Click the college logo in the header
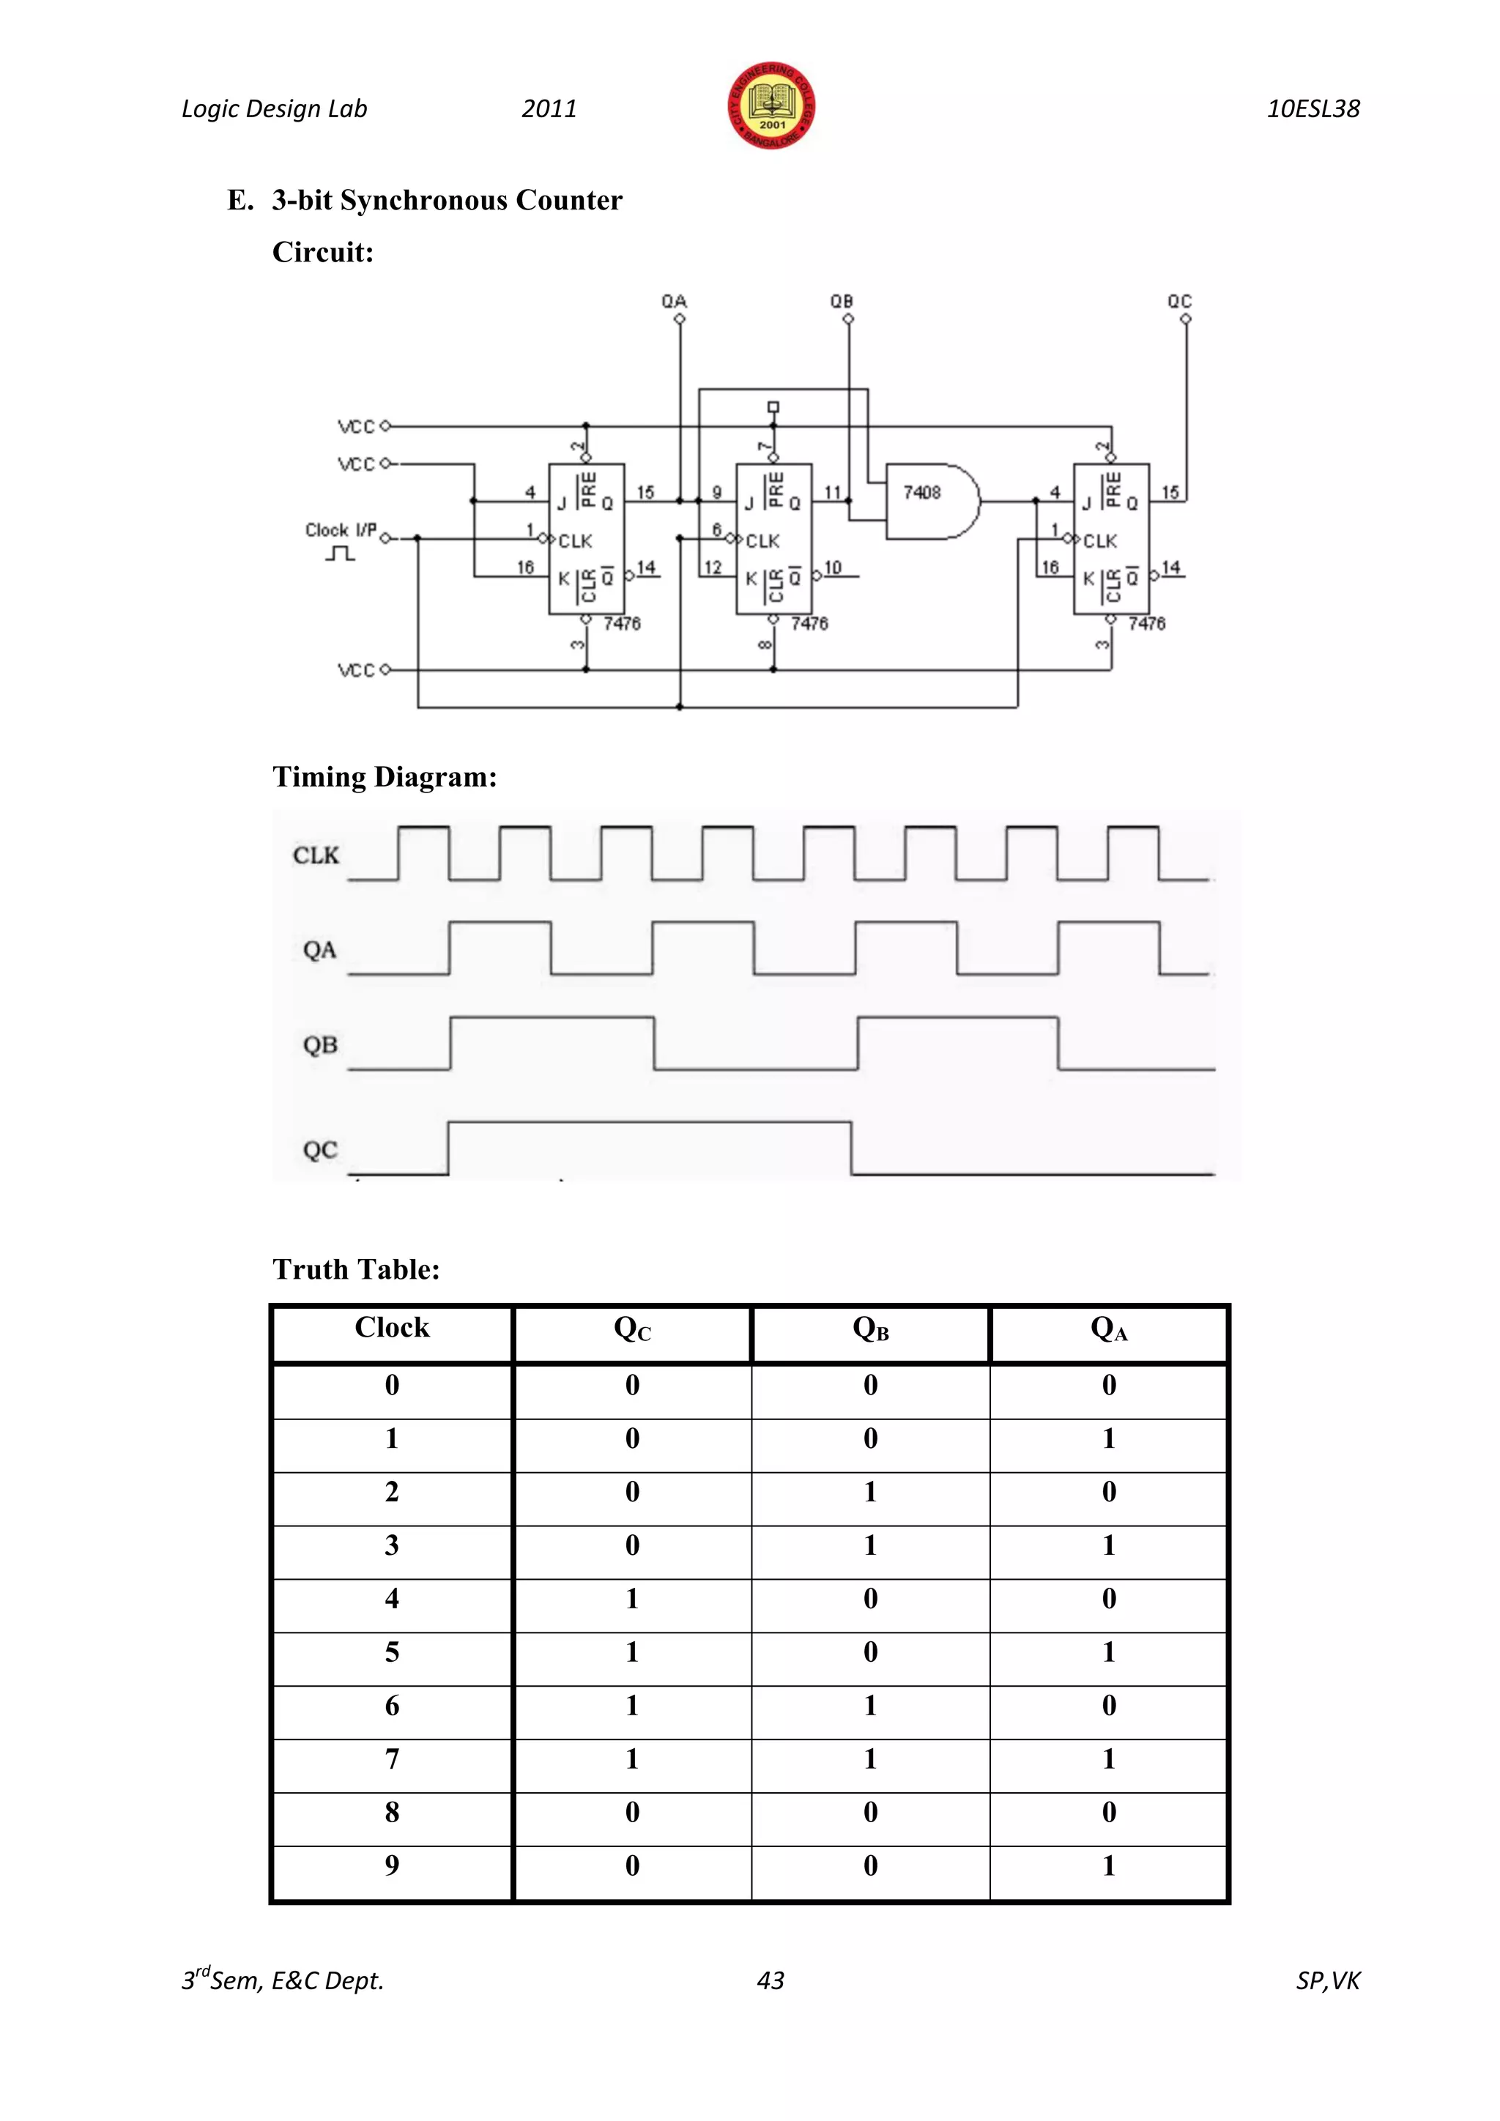click(x=771, y=106)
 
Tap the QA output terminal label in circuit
click(x=675, y=301)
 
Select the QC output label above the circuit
click(x=1179, y=301)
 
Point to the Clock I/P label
click(x=341, y=530)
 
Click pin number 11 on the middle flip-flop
click(x=832, y=492)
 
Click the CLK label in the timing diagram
click(x=316, y=855)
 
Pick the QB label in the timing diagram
click(x=319, y=1045)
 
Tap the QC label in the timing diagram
click(x=319, y=1150)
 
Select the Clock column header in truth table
click(x=392, y=1328)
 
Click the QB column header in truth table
click(x=870, y=1329)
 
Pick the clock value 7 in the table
click(x=392, y=1759)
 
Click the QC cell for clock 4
click(x=632, y=1599)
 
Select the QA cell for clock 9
click(x=1108, y=1866)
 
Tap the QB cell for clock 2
click(x=870, y=1492)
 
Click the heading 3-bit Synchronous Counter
click(x=447, y=201)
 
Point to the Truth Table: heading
click(x=356, y=1269)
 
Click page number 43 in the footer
click(x=771, y=1980)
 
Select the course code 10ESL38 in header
click(x=1312, y=109)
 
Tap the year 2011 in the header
click(x=549, y=109)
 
